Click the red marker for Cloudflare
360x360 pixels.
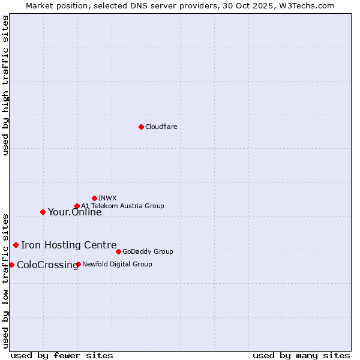click(141, 127)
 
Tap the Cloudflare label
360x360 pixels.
click(161, 127)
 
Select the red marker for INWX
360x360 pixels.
click(94, 198)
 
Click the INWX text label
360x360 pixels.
click(107, 198)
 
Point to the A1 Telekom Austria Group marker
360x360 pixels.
click(77, 206)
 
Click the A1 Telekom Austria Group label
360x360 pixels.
click(122, 206)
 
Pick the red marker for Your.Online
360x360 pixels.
click(43, 212)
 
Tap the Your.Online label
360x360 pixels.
click(75, 212)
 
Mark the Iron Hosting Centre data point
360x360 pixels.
click(16, 245)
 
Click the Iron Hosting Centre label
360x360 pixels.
click(69, 245)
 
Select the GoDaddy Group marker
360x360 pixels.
click(118, 251)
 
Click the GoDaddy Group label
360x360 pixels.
click(148, 252)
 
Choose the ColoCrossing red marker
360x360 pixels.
click(11, 265)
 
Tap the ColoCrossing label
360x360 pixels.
click(47, 265)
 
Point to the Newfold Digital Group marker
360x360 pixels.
click(78, 264)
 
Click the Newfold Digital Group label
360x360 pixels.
click(117, 264)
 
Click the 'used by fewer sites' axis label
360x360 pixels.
click(62, 355)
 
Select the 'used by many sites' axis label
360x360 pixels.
click(301, 355)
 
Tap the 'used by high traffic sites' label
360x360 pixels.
click(6, 85)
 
